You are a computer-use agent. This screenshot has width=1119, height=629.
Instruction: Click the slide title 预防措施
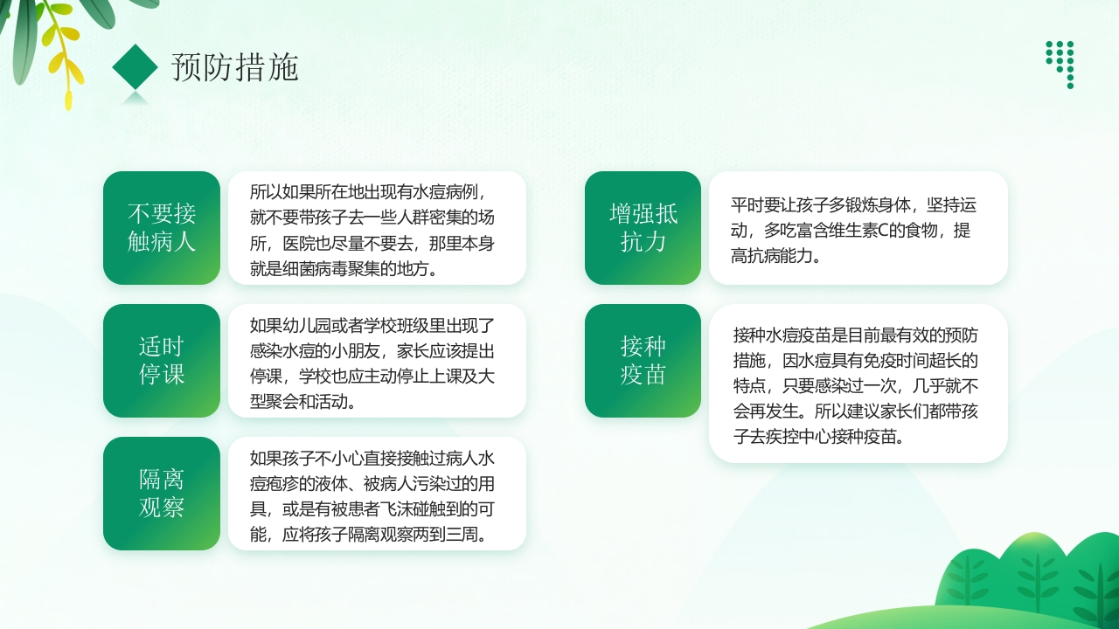click(x=235, y=67)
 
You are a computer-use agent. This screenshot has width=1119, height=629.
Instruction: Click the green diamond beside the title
click(x=136, y=66)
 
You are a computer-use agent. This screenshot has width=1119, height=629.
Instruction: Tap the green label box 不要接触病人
click(x=162, y=228)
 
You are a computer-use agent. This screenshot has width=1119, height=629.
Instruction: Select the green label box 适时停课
click(x=162, y=361)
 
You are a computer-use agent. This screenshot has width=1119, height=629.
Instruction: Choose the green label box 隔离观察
click(x=162, y=494)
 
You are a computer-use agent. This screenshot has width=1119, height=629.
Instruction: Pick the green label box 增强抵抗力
click(x=643, y=228)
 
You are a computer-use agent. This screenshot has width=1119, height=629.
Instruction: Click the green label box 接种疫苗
click(x=643, y=361)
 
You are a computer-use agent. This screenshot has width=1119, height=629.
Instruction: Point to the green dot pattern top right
click(x=1060, y=63)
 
